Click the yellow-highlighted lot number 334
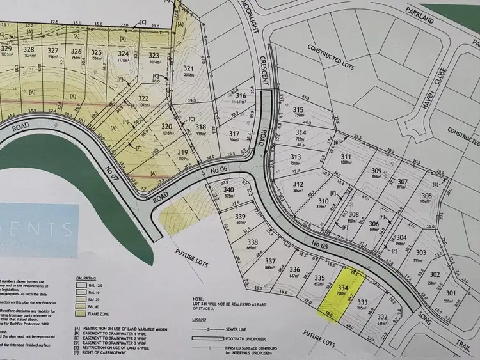pos(343,288)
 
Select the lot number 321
pos(188,69)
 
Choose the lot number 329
pos(7,49)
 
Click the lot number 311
pos(346,157)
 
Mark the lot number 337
pos(270,260)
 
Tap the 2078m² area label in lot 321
pos(189,75)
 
